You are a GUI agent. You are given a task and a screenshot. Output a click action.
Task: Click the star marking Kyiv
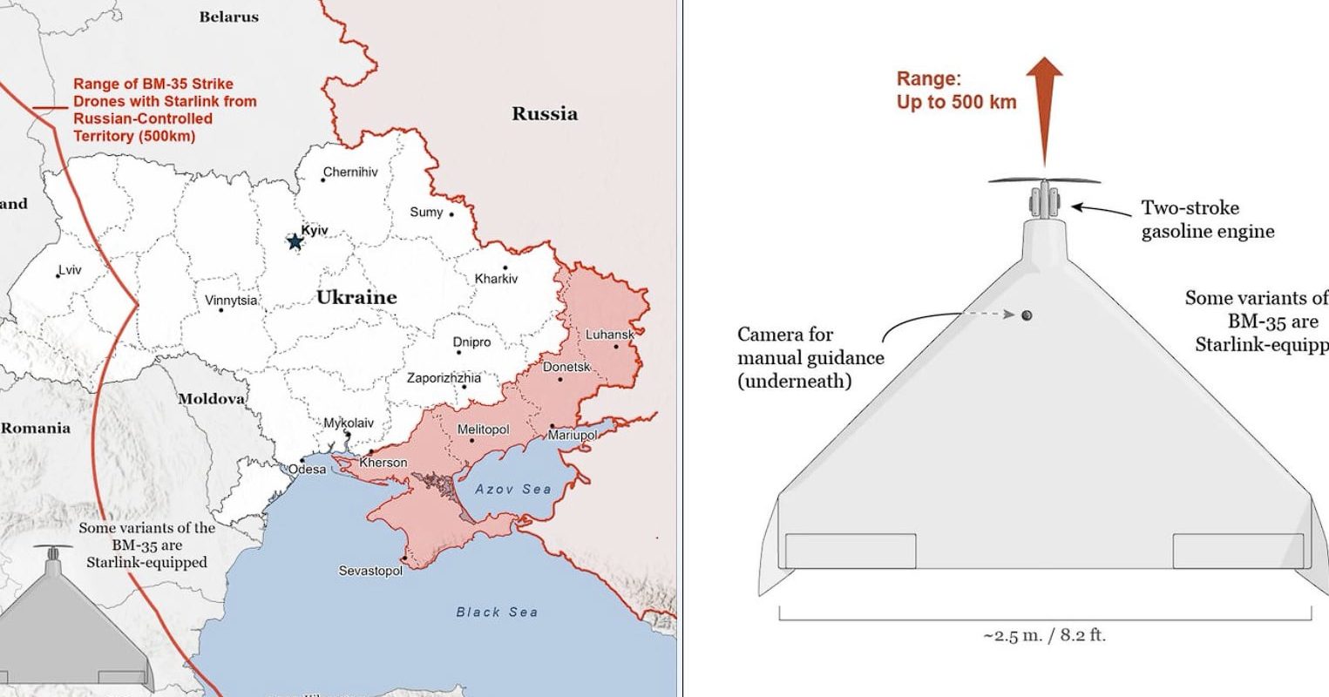pyautogui.click(x=295, y=240)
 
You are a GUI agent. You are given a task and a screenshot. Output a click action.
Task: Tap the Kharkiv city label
pyautogui.click(x=496, y=279)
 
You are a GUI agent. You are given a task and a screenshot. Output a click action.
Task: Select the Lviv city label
pyautogui.click(x=70, y=269)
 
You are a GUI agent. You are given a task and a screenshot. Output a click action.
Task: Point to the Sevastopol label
pyautogui.click(x=370, y=571)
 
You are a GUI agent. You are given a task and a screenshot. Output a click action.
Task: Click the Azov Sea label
pyautogui.click(x=512, y=489)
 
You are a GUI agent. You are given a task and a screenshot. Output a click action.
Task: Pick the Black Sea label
pyautogui.click(x=497, y=612)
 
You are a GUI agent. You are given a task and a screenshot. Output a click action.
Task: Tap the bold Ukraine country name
pyautogui.click(x=356, y=297)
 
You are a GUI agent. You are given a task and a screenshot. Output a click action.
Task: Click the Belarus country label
pyautogui.click(x=228, y=17)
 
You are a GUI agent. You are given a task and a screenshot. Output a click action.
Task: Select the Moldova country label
pyautogui.click(x=212, y=398)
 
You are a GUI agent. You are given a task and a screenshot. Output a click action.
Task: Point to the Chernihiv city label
pyautogui.click(x=350, y=172)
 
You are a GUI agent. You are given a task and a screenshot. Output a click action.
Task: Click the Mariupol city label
pyautogui.click(x=573, y=435)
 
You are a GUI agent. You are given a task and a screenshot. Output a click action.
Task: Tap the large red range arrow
pyautogui.click(x=1044, y=109)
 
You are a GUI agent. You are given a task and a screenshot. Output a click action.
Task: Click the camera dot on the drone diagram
pyautogui.click(x=1027, y=315)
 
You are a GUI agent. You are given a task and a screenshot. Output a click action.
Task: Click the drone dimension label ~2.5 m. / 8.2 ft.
pyautogui.click(x=1044, y=635)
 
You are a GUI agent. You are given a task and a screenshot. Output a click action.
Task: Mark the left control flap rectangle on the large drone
pyautogui.click(x=851, y=551)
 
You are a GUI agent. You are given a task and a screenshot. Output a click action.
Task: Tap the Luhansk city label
pyautogui.click(x=609, y=334)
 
